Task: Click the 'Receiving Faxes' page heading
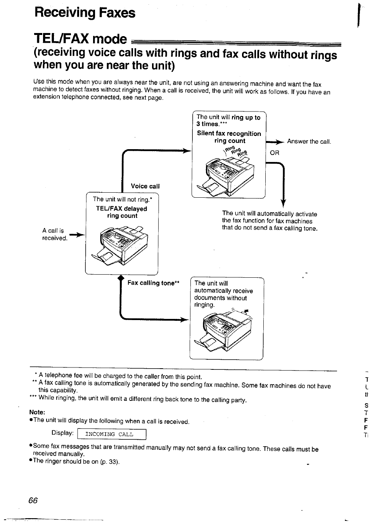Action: tap(85, 13)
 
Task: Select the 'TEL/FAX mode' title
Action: tap(81, 39)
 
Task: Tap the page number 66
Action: tap(33, 500)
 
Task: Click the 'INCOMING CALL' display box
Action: tap(111, 434)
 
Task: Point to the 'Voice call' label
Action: tap(145, 186)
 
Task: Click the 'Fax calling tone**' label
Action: tap(153, 283)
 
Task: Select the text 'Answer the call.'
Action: tap(309, 141)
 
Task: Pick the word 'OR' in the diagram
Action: tap(275, 153)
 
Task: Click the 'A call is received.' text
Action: tap(54, 234)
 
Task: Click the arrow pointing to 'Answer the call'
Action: tap(276, 142)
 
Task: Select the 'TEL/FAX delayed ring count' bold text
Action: tap(122, 212)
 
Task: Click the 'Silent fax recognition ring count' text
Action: tap(229, 137)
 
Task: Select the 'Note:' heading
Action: tap(37, 412)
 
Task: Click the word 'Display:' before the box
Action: tap(62, 433)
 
